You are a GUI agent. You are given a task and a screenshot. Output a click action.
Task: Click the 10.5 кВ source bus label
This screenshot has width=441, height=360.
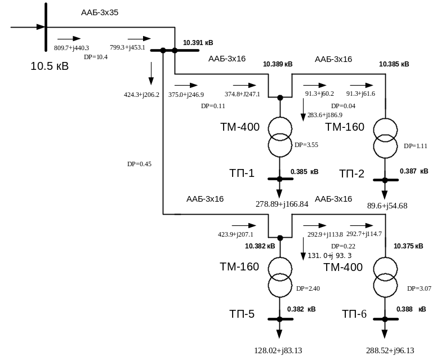click(50, 66)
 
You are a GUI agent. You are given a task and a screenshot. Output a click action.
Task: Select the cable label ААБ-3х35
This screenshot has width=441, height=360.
click(99, 12)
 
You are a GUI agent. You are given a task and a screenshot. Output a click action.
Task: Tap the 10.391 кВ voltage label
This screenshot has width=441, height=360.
click(198, 43)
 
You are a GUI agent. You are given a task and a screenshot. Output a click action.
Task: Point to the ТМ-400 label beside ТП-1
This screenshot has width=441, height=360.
click(240, 127)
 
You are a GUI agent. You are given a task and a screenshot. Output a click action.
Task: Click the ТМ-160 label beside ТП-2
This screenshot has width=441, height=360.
click(345, 127)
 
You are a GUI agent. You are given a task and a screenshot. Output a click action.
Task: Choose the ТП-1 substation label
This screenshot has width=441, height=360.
click(242, 173)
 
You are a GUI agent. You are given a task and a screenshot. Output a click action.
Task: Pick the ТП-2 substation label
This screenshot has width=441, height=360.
click(352, 173)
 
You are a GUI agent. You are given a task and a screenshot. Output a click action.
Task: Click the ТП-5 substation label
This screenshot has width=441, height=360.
click(242, 314)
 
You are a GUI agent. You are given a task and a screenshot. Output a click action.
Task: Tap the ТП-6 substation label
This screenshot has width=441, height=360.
click(354, 314)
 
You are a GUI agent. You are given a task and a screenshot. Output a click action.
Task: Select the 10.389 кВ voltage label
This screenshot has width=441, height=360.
click(278, 64)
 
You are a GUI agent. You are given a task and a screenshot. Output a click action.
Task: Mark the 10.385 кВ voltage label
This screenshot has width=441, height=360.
click(394, 64)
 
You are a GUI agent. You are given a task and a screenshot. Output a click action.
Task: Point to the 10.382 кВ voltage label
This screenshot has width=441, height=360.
click(260, 246)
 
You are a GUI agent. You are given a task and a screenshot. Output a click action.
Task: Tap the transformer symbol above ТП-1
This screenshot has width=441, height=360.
click(279, 137)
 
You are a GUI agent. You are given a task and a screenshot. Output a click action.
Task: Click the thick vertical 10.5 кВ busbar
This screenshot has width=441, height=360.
click(46, 28)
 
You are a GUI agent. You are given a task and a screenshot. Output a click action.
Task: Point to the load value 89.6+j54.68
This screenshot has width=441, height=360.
click(387, 205)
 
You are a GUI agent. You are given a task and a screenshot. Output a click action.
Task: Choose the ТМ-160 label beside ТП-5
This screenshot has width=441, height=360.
click(239, 266)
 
